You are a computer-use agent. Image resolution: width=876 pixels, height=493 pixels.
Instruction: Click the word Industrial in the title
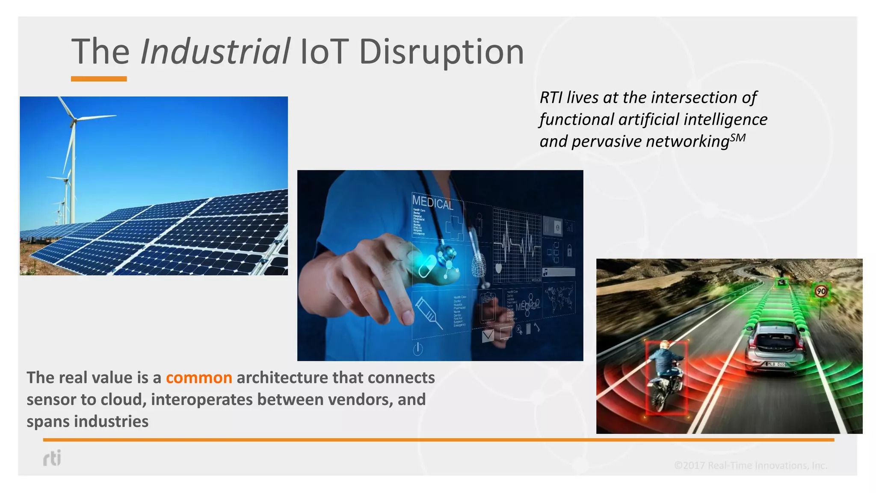[x=215, y=52]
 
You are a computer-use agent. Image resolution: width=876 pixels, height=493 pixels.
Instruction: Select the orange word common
[x=199, y=377]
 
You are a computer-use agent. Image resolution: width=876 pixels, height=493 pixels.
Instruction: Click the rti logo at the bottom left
[x=52, y=458]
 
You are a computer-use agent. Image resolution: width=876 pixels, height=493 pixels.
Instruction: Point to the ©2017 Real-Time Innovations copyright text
[x=750, y=465]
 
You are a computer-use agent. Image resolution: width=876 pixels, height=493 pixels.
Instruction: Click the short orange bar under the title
[x=99, y=79]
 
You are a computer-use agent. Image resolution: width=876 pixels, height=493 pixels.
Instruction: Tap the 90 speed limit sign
[x=821, y=291]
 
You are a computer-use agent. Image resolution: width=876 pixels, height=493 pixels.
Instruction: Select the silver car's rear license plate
[x=775, y=364]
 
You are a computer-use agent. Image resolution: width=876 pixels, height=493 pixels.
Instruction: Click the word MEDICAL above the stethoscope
[x=432, y=202]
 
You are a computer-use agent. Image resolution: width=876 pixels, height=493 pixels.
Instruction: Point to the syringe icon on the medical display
[x=428, y=313]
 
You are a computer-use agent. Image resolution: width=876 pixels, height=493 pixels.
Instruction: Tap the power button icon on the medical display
[x=418, y=349]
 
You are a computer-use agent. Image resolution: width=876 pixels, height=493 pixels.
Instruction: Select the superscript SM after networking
[x=738, y=138]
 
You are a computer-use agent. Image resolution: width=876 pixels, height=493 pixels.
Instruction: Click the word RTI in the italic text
[x=550, y=98]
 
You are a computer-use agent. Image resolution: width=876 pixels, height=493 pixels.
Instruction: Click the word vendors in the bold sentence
[x=360, y=399]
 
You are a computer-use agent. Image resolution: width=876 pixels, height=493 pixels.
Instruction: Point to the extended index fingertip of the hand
[x=407, y=318]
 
